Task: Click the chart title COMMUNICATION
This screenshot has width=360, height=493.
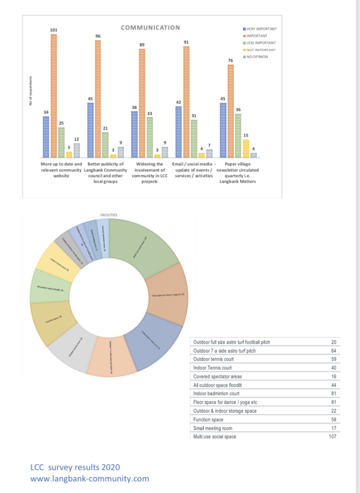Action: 150,28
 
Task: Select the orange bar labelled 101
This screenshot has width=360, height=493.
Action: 54,96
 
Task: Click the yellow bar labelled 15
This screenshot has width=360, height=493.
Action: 246,148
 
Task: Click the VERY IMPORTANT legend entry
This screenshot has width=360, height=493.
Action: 260,29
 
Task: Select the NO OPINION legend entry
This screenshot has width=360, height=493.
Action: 260,57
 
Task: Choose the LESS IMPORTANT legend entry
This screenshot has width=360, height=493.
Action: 260,43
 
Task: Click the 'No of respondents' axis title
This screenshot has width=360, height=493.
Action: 30,91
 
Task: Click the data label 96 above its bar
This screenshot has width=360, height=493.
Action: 98,35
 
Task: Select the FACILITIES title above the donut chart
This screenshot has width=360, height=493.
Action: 108,215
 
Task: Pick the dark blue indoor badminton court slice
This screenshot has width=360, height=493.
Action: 154,339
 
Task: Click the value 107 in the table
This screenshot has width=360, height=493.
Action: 333,436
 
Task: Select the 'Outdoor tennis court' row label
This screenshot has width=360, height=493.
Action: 213,359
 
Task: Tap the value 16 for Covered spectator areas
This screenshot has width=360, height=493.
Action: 334,376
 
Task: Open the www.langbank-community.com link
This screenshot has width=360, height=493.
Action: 90,479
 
